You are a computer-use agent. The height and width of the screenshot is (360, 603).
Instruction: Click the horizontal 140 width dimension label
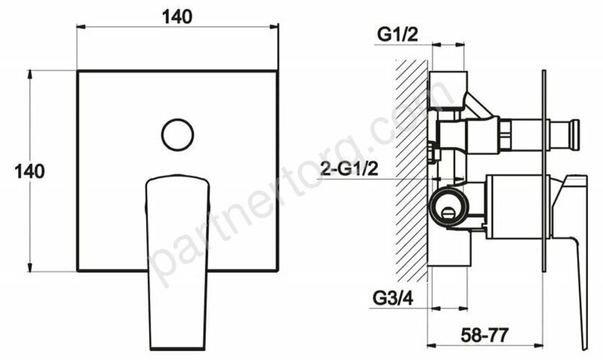point(177,17)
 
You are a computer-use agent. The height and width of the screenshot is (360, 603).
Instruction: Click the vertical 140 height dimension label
point(30,171)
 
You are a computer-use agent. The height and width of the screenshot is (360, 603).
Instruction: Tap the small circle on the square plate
point(177,135)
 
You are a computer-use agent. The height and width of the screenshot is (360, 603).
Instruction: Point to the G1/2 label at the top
point(397,35)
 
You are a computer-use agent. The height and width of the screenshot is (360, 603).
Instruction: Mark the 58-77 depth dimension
point(485,336)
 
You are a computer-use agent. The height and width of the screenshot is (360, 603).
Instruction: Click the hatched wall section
point(412,171)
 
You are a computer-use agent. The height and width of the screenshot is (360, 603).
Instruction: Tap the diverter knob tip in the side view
point(574,135)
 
